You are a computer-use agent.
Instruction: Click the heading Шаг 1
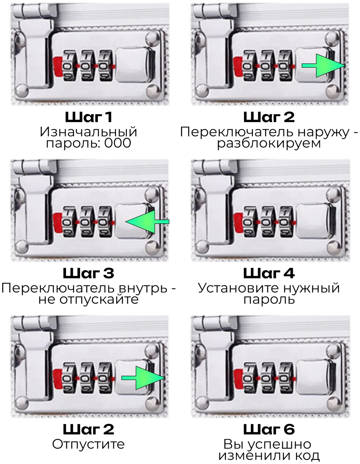click(x=89, y=117)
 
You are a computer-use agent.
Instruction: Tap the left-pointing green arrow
click(x=147, y=222)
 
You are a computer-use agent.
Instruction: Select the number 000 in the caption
click(x=117, y=143)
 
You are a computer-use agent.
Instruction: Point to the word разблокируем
click(x=269, y=143)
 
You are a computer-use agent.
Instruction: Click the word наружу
click(x=323, y=132)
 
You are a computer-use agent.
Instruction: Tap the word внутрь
click(x=143, y=288)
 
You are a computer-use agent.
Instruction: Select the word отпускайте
click(x=99, y=300)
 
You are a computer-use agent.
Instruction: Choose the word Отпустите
click(x=88, y=444)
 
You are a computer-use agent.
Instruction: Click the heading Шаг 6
click(x=269, y=429)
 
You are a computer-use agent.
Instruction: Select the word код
click(x=307, y=456)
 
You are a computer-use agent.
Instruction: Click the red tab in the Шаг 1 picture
click(x=58, y=66)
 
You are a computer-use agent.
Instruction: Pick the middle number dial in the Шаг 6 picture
click(x=265, y=378)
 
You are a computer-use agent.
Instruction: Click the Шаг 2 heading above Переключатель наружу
click(x=269, y=117)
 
